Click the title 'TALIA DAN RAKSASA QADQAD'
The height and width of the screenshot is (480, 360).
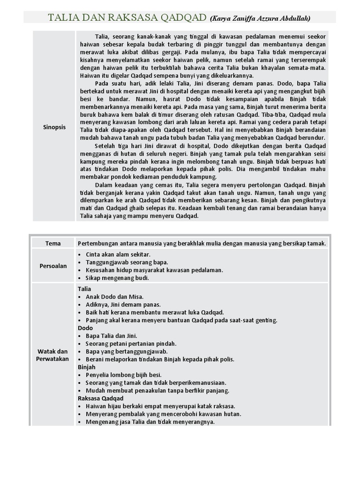tap(127, 18)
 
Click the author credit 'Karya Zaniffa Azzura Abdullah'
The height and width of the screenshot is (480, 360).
tap(260, 19)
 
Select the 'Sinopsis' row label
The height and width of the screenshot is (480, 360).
tap(54, 127)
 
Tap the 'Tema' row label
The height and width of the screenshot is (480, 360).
tap(53, 243)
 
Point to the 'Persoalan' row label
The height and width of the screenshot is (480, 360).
tap(53, 266)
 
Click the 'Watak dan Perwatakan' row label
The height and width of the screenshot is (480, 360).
tap(53, 355)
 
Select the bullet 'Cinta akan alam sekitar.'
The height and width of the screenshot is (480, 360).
tap(118, 254)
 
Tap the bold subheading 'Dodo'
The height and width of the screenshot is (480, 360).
tap(85, 328)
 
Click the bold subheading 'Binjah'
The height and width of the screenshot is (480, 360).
tap(87, 367)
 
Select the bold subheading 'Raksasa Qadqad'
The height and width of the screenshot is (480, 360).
tap(100, 398)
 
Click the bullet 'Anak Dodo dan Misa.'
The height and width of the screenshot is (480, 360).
tap(114, 297)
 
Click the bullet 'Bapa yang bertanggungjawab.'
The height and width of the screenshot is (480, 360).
tap(127, 352)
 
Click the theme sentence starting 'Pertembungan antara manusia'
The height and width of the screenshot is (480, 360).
tap(202, 243)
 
